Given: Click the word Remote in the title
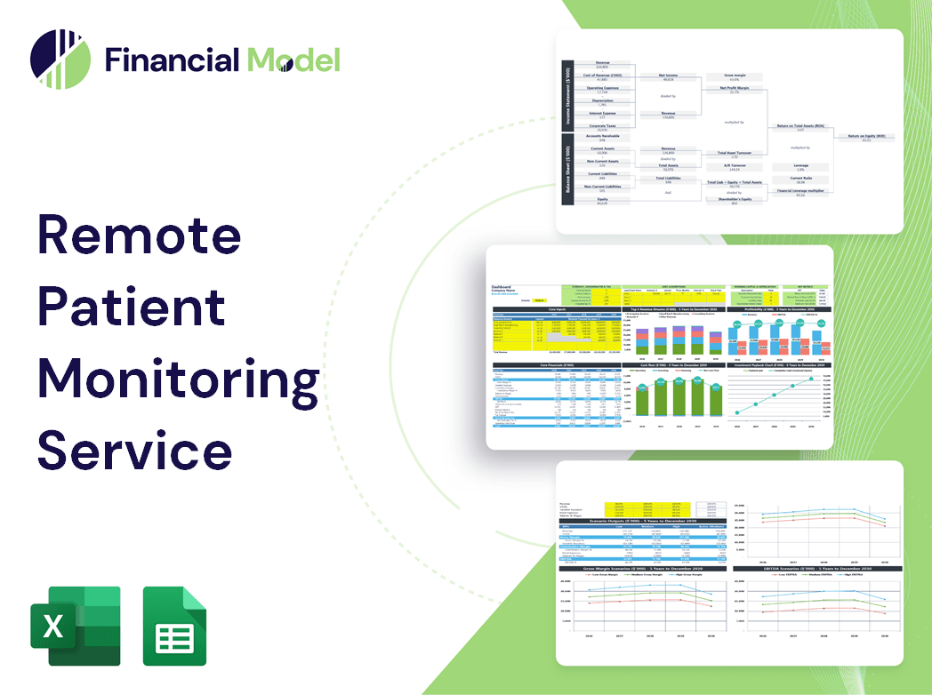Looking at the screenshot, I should (x=139, y=236).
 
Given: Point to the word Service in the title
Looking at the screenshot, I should (x=134, y=450).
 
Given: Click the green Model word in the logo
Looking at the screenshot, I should (x=293, y=60).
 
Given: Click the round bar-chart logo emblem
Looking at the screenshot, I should (x=60, y=60).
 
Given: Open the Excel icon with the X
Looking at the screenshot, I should (x=75, y=626).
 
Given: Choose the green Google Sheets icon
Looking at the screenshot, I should (x=174, y=626).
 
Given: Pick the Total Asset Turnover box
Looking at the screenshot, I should (x=735, y=153).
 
